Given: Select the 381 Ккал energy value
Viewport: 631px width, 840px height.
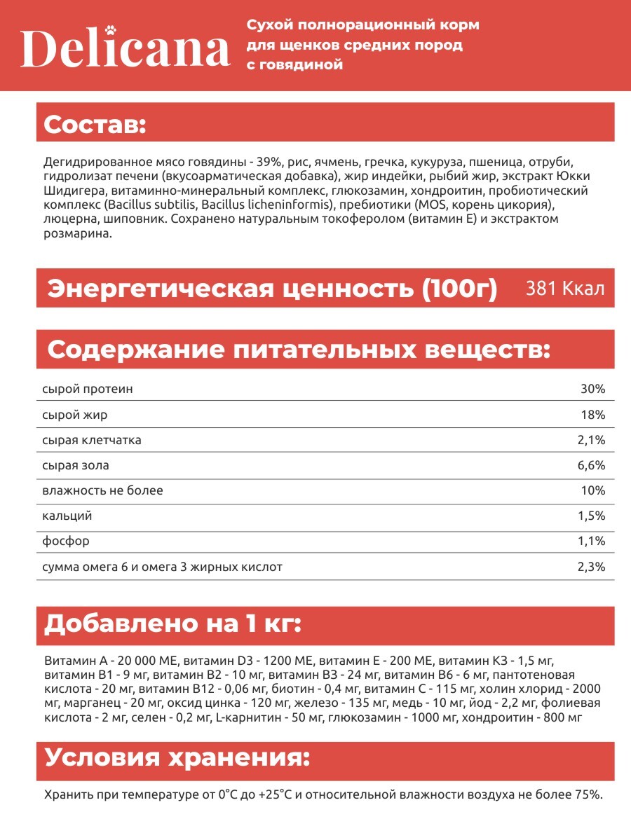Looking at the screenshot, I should tap(565, 289).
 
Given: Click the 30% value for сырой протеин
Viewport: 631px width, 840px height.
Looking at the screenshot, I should tap(592, 389).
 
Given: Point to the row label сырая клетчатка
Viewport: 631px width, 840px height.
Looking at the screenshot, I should tap(92, 441).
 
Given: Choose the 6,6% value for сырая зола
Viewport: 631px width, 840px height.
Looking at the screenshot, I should tap(592, 465).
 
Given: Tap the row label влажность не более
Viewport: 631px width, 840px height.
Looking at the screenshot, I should tap(102, 490).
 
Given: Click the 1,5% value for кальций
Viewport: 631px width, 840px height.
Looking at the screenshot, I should tap(592, 516).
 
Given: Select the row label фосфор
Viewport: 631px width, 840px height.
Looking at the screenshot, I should tap(66, 541).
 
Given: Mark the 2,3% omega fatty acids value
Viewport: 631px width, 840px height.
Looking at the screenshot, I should tap(592, 567).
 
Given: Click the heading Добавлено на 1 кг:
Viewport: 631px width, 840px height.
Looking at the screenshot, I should tap(172, 624).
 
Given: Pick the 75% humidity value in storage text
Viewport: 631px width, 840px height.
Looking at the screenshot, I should tap(588, 794).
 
